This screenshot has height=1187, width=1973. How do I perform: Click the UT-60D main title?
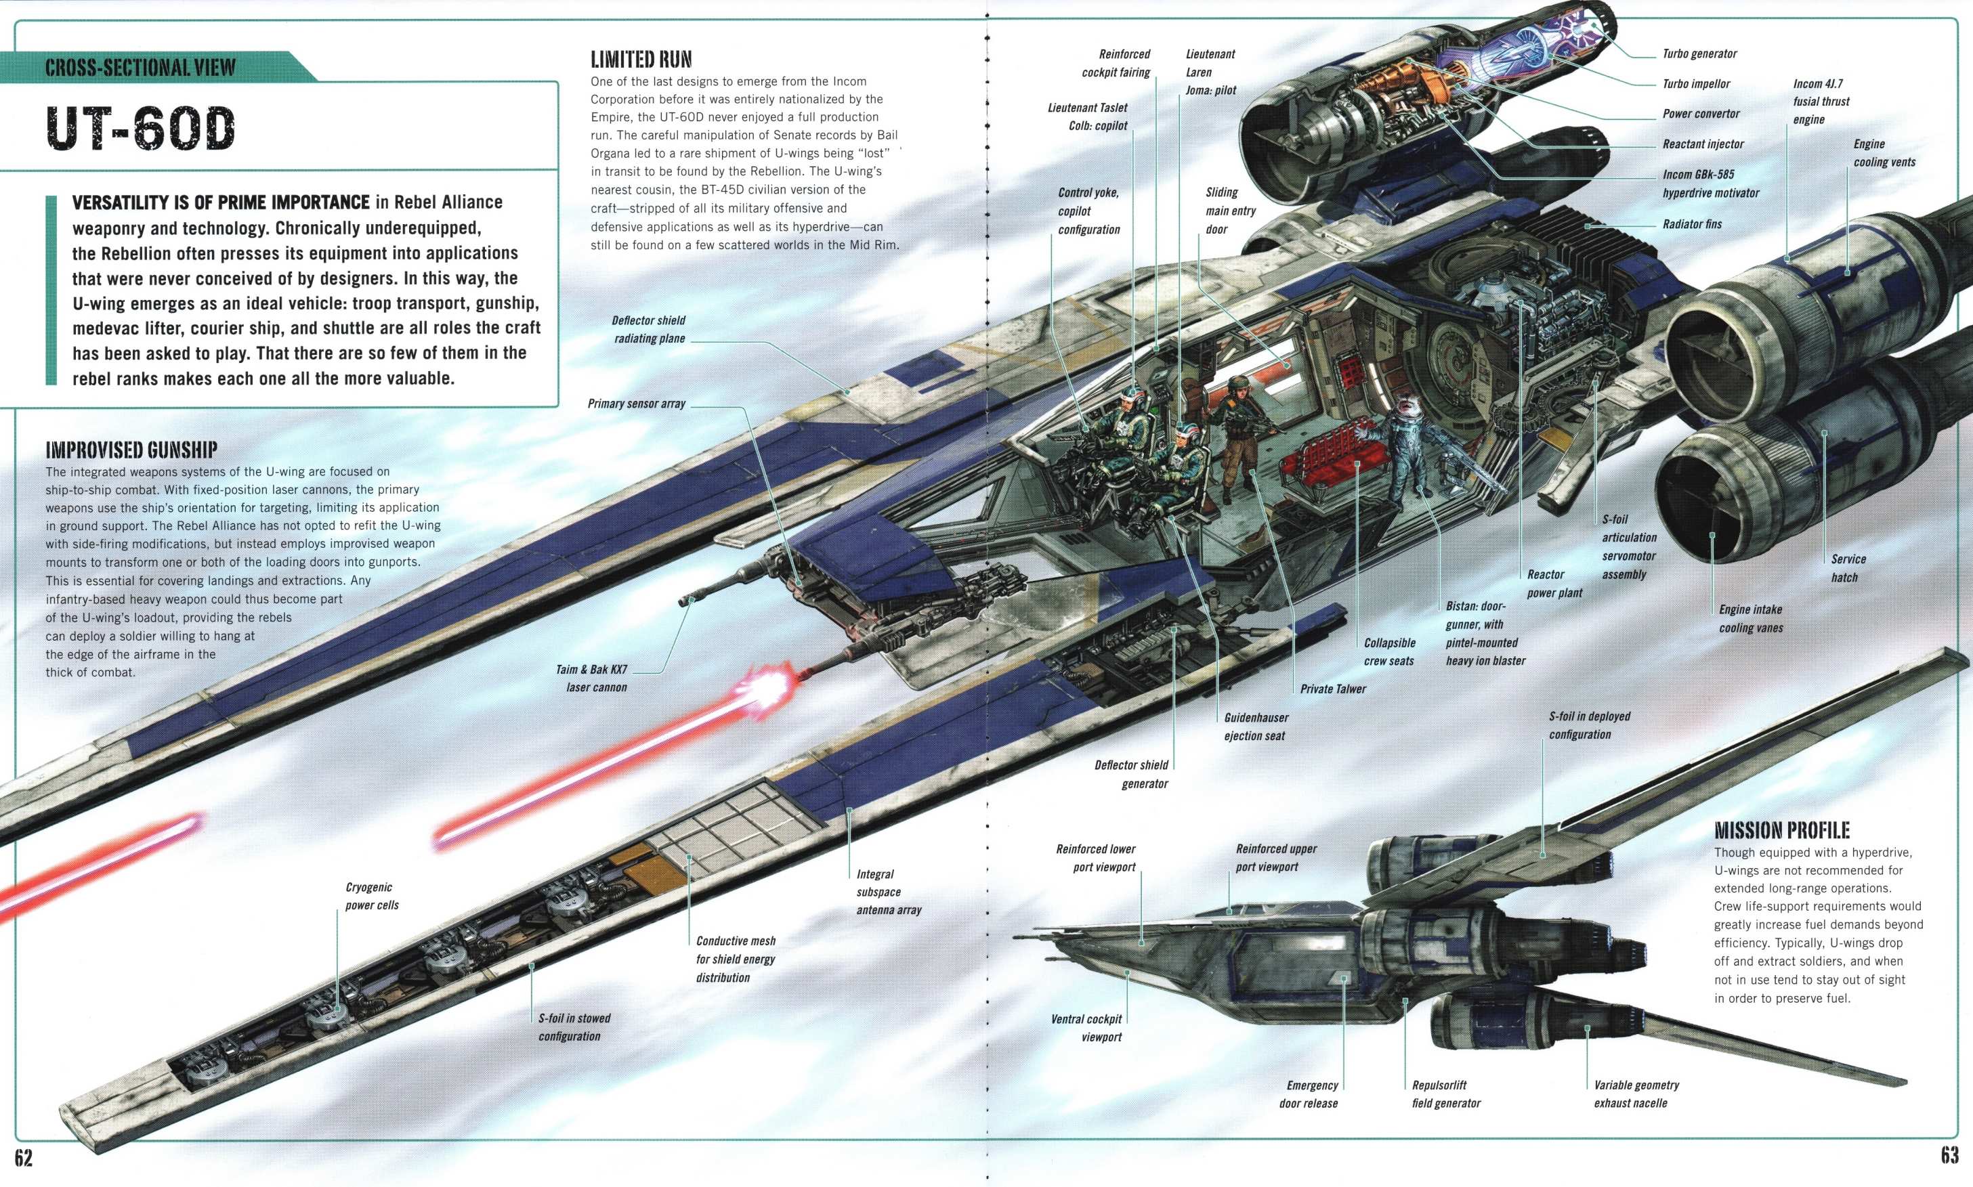(141, 128)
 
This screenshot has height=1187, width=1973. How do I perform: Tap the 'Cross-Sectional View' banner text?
(140, 67)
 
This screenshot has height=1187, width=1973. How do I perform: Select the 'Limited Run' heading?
(641, 59)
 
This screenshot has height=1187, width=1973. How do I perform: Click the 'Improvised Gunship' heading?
(131, 450)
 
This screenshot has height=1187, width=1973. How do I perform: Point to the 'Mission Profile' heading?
(1782, 829)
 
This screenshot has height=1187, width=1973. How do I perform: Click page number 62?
(23, 1157)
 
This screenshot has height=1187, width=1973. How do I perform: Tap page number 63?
(1949, 1155)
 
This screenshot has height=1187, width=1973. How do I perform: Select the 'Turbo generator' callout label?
(1699, 53)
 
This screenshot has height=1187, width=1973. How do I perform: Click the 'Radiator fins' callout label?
(1692, 224)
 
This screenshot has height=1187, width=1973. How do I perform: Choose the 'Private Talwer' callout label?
(1333, 689)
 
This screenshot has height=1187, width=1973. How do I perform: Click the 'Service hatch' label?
(1848, 568)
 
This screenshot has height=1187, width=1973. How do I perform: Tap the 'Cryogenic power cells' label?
(372, 896)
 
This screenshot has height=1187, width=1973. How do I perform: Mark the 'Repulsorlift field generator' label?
(1446, 1094)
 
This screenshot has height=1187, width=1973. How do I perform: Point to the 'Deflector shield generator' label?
(1131, 774)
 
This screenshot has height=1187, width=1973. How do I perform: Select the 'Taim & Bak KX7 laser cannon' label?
(592, 678)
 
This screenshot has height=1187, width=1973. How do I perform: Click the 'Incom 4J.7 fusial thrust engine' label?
(1821, 102)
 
